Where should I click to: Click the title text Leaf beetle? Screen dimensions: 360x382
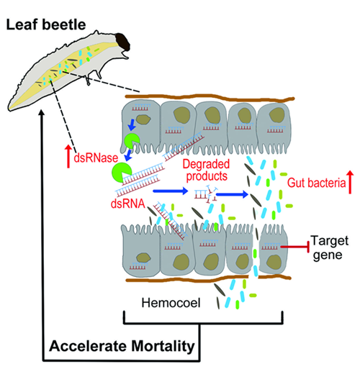46,25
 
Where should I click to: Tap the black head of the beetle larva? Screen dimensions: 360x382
122,42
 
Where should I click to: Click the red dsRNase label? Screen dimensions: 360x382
96,158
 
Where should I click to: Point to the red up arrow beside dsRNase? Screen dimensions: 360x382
68,156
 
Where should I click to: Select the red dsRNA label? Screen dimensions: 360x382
128,204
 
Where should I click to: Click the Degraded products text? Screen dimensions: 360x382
207,170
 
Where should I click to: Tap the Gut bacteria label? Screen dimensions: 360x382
317,183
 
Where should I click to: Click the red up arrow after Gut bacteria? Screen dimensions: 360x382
350,182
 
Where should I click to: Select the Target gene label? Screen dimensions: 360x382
329,247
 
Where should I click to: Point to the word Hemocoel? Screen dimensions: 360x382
171,303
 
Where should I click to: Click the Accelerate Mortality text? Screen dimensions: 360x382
122,346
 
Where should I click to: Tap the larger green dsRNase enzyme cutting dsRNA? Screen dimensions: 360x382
121,173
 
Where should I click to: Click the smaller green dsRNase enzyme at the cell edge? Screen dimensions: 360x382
132,141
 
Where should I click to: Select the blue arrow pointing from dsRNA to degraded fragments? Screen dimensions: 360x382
170,191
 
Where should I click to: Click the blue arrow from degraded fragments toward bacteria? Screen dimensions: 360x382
232,194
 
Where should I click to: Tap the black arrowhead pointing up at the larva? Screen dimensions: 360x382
42,112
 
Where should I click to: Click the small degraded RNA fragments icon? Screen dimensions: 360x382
206,194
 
